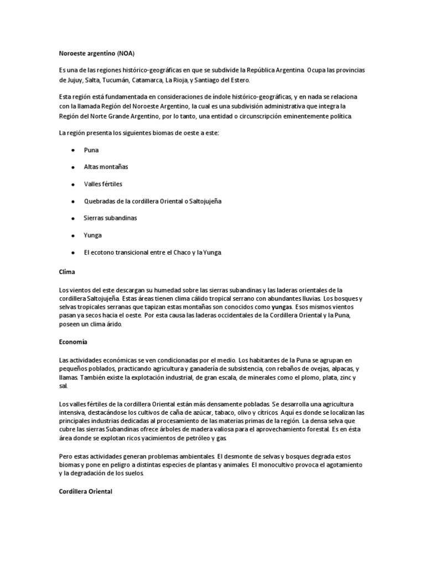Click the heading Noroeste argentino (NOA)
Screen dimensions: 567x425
click(96, 54)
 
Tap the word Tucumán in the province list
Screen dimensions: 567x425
click(130, 80)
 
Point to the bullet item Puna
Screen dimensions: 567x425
click(91, 150)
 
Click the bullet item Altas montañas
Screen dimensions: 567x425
click(106, 167)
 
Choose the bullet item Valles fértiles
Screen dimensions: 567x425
click(103, 184)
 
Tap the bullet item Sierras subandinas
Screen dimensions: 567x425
click(110, 218)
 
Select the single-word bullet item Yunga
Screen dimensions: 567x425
click(93, 235)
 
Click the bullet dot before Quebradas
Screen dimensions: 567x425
click(73, 201)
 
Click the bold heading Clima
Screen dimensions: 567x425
click(67, 272)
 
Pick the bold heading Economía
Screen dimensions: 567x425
click(73, 342)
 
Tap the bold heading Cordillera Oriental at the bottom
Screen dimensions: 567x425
click(85, 490)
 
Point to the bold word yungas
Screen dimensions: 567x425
click(282, 307)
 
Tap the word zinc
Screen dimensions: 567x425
click(344, 378)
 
